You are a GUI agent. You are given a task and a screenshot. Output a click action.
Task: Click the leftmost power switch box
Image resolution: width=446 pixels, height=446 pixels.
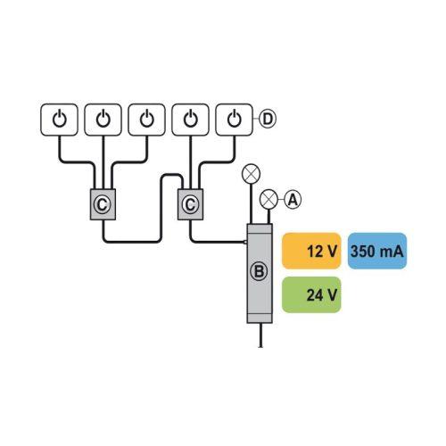(59, 120)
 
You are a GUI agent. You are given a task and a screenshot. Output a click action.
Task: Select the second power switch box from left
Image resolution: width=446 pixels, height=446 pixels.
(103, 120)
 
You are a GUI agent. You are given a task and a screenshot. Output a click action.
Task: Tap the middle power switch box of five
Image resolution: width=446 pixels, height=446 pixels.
(146, 120)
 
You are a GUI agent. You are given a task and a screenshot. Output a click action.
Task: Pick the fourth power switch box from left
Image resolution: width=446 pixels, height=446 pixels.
(191, 120)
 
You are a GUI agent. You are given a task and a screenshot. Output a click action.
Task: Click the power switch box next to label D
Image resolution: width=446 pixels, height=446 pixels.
(234, 120)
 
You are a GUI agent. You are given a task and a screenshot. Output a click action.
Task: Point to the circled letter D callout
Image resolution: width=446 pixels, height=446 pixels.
(268, 120)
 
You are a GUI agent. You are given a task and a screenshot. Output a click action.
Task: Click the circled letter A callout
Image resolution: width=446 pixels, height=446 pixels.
(293, 200)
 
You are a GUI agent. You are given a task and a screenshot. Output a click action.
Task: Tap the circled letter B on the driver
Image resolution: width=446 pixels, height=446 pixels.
(259, 271)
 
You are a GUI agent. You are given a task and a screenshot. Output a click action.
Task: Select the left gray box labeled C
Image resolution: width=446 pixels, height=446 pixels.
(103, 204)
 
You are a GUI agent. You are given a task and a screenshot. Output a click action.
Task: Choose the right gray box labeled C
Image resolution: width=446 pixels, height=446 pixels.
(191, 204)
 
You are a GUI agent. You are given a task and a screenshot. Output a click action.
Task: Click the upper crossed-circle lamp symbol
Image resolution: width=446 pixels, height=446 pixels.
(252, 174)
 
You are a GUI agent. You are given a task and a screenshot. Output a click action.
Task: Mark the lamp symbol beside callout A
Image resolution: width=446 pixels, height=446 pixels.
(268, 199)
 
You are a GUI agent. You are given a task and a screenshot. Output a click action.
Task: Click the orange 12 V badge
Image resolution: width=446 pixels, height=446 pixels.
(311, 251)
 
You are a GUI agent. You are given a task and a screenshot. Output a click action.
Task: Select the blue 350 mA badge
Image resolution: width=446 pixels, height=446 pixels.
(377, 251)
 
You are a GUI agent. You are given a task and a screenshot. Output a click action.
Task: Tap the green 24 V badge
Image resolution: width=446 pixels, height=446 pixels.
(311, 294)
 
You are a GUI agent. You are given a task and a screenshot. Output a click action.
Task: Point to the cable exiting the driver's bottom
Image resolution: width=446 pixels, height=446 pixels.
(260, 335)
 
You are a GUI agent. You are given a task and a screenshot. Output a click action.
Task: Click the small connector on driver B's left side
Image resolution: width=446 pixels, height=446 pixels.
(245, 242)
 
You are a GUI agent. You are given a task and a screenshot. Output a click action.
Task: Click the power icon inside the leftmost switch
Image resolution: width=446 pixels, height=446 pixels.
(60, 119)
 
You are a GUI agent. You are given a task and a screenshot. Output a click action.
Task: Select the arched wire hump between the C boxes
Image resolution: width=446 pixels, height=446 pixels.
(171, 176)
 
